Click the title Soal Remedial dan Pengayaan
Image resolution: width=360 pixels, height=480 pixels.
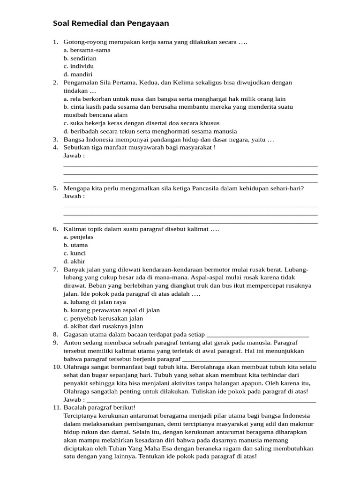tap(111, 23)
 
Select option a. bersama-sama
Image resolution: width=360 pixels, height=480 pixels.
tap(87, 50)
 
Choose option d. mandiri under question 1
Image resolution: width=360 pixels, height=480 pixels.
tap(78, 74)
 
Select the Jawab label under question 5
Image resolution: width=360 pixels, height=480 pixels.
tap(74, 196)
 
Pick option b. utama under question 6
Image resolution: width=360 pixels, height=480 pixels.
tap(75, 245)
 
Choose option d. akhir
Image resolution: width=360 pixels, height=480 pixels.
tap(75, 261)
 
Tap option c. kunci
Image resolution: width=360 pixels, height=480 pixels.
tap(75, 253)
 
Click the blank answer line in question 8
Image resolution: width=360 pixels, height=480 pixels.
tap(257, 335)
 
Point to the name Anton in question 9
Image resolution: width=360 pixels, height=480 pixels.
tap(72, 343)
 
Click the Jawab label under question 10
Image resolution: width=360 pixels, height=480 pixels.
tap(74, 399)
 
